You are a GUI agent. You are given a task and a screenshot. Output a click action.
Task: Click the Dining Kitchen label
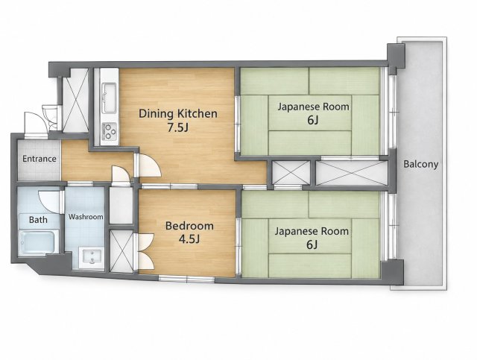pyautogui.click(x=178, y=113)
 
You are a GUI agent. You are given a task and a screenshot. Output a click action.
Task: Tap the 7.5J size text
pyautogui.click(x=178, y=127)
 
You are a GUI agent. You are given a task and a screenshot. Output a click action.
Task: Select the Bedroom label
pyautogui.click(x=189, y=226)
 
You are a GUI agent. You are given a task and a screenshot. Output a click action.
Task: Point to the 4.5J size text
pyautogui.click(x=189, y=239)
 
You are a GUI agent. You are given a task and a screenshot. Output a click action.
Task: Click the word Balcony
pyautogui.click(x=420, y=164)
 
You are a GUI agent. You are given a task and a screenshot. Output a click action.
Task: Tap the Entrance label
pyautogui.click(x=40, y=159)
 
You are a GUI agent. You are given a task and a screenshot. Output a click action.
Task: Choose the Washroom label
pyautogui.click(x=86, y=217)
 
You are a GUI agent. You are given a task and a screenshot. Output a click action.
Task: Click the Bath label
pyautogui.click(x=38, y=219)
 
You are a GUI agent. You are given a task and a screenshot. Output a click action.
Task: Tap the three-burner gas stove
pyautogui.click(x=110, y=131)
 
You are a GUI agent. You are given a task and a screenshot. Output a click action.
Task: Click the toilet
pyautogui.click(x=50, y=117)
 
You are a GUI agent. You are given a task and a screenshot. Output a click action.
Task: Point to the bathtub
pyautogui.click(x=39, y=242)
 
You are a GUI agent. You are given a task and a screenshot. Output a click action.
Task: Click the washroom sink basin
pyautogui.click(x=92, y=258)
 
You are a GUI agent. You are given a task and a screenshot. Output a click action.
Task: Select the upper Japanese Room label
pyautogui.click(x=313, y=107)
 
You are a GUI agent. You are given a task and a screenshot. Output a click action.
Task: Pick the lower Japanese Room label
pyautogui.click(x=312, y=231)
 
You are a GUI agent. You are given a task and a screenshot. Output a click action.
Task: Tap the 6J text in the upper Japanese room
pyautogui.click(x=313, y=120)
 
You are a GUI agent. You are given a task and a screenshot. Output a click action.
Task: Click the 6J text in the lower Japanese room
pyautogui.click(x=312, y=244)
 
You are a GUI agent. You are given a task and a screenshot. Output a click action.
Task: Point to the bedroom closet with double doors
pyautogui.click(x=121, y=250)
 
